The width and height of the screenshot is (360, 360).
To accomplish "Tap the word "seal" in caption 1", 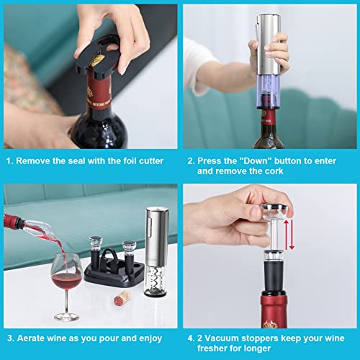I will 86,162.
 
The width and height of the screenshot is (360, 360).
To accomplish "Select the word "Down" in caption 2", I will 269,162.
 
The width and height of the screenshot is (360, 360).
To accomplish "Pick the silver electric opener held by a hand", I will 270,58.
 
